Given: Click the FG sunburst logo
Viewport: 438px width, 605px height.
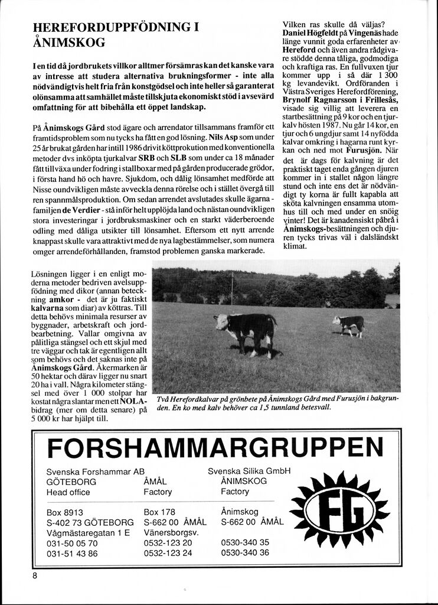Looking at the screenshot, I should [339, 509].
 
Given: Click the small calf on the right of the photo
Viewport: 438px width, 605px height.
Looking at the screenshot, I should [350, 324].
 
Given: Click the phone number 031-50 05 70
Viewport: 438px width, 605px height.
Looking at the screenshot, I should [72, 542].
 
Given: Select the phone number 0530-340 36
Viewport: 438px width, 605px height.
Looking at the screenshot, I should [245, 552].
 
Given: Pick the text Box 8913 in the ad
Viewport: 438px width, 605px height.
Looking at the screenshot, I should [65, 512].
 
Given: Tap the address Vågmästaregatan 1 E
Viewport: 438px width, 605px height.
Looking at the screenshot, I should [88, 532].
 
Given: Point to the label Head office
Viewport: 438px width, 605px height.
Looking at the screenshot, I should [68, 492].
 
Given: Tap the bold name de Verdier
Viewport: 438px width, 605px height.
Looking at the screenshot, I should [82, 209].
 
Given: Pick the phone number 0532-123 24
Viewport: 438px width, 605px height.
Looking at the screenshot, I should [168, 552].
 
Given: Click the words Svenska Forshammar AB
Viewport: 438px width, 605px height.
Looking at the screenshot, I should [95, 471].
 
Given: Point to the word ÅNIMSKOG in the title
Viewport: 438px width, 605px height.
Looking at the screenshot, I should [69, 43].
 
